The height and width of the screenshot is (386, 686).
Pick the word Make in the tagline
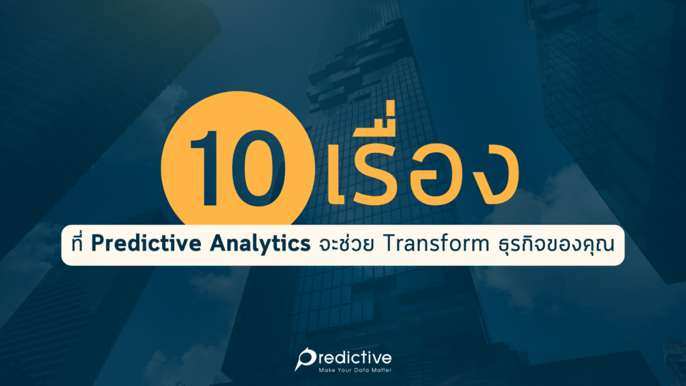point(326,371)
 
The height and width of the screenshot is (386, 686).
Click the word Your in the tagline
point(345,371)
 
